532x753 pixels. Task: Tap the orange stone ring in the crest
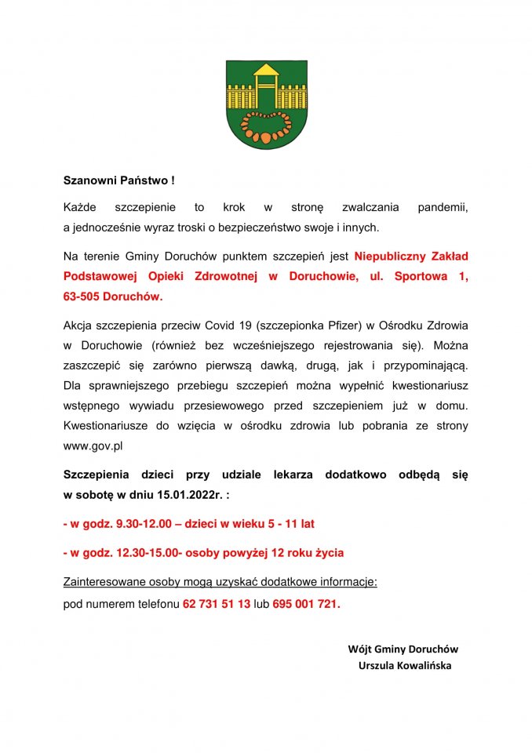click(x=266, y=125)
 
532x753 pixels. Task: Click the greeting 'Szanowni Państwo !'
click(x=118, y=180)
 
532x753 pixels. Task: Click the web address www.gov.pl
click(x=93, y=446)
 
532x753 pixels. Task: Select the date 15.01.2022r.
click(x=190, y=494)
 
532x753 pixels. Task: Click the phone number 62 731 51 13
click(x=217, y=605)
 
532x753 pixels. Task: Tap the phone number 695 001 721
click(x=306, y=605)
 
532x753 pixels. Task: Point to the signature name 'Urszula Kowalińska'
click(x=404, y=665)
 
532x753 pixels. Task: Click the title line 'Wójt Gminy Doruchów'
click(x=403, y=649)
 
